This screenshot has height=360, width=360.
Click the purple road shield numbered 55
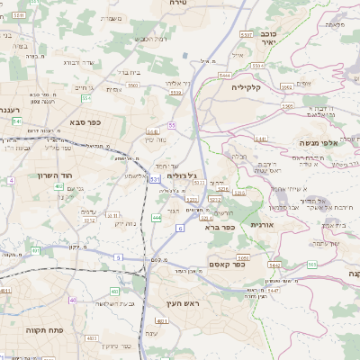[171, 125]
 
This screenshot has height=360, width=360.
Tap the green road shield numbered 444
[157, 217]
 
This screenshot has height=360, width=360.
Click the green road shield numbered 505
[311, 265]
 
